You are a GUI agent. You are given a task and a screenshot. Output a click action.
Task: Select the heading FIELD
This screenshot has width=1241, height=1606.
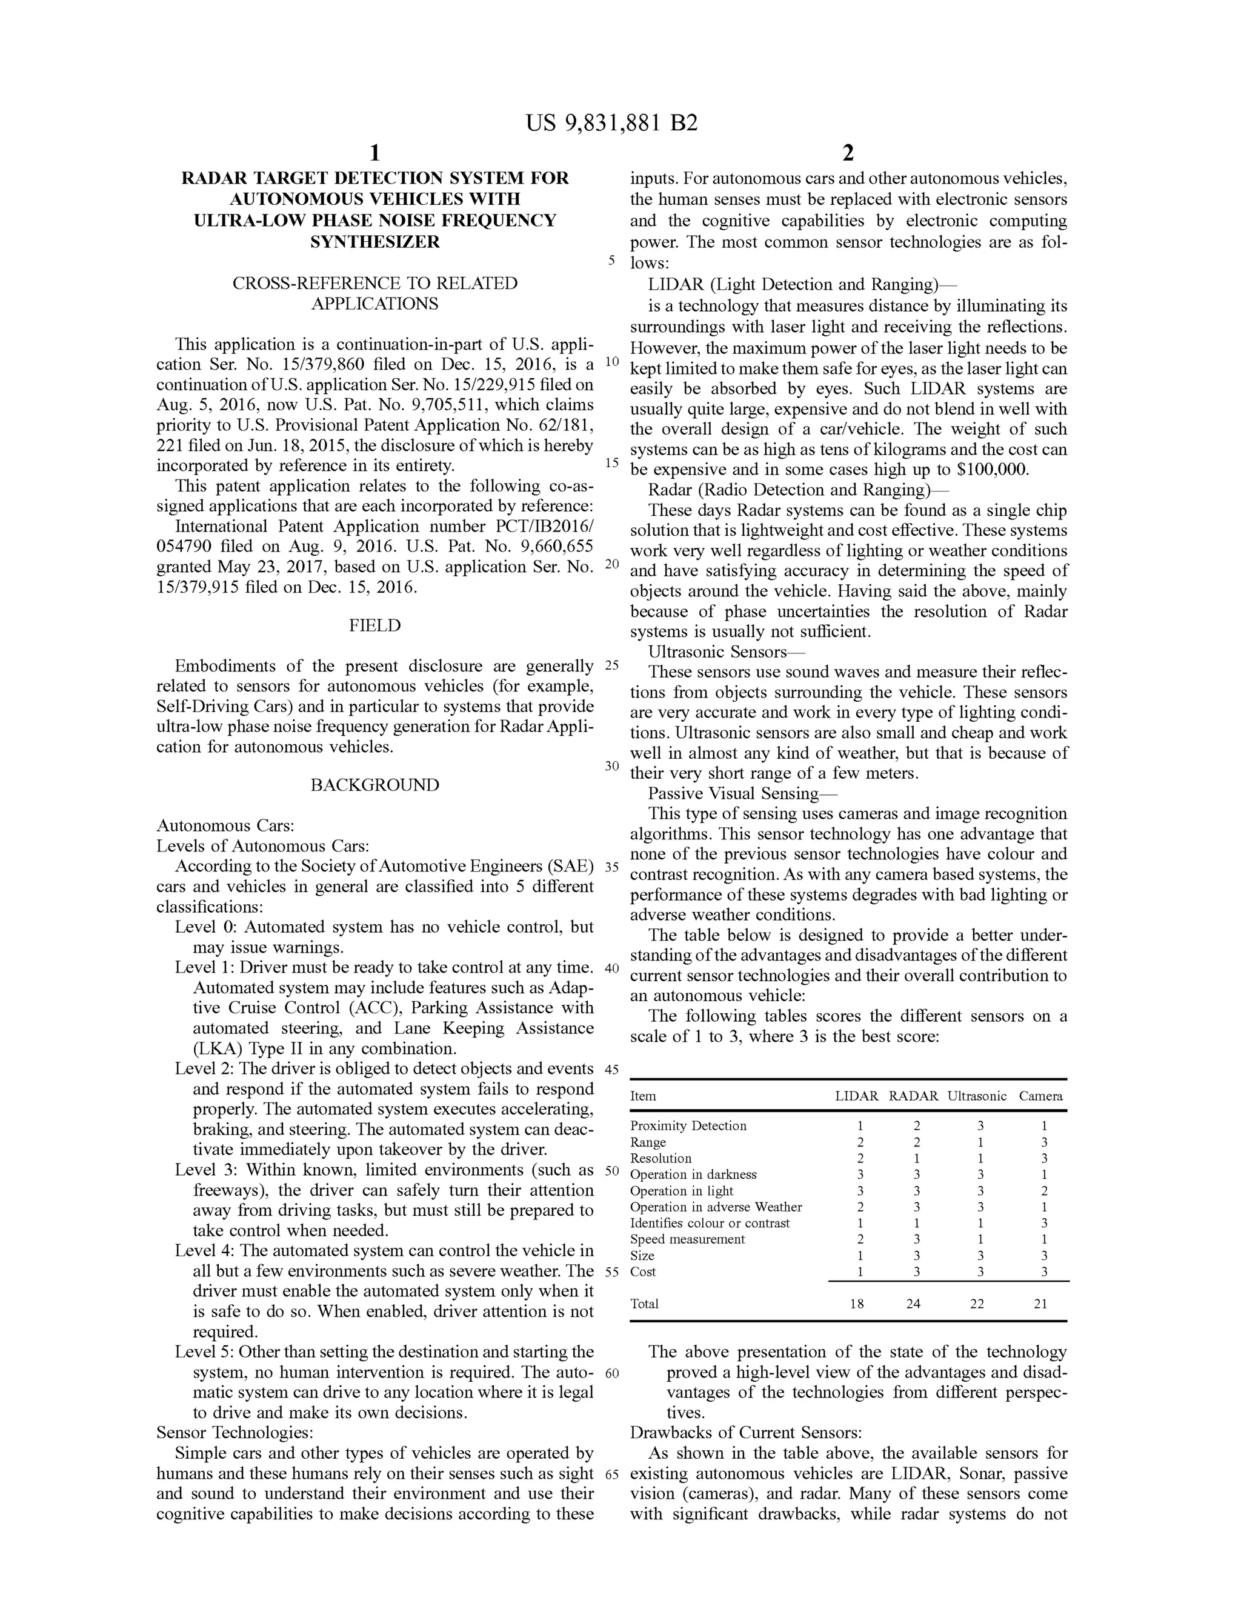374,626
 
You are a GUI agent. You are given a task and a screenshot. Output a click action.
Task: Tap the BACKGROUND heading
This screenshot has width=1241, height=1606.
374,785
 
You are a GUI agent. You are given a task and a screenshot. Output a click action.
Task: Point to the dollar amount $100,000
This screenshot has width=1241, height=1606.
992,470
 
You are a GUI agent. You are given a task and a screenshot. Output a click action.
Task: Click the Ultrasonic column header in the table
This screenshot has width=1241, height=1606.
976,1096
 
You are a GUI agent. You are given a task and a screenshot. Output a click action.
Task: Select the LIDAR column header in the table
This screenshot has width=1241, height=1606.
856,1096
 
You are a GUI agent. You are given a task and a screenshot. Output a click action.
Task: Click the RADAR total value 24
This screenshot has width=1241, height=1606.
913,1304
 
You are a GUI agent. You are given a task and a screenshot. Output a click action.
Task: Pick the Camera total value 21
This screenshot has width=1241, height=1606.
1040,1304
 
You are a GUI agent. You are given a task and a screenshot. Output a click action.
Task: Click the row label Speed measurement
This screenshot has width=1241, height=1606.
687,1239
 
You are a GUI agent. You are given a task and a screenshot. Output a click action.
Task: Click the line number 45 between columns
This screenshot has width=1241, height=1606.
611,1070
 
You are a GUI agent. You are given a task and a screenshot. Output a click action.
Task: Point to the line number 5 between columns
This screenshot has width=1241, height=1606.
611,261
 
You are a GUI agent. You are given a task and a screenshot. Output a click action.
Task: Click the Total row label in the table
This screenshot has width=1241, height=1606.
644,1304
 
